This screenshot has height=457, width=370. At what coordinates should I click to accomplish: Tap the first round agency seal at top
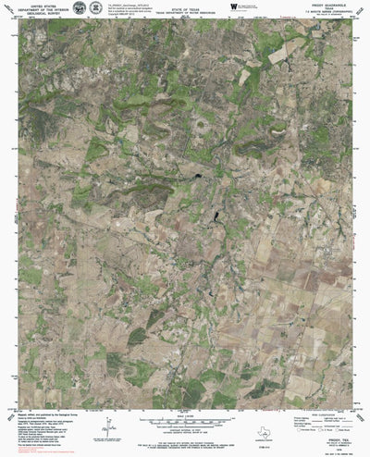click(79, 8)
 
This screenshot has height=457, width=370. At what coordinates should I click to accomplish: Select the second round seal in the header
click(95, 8)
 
